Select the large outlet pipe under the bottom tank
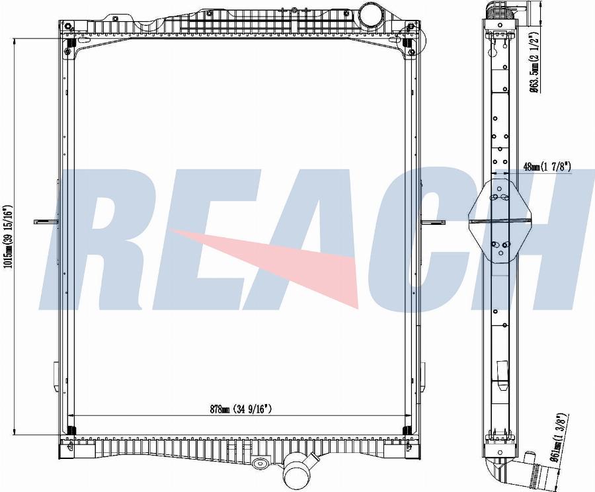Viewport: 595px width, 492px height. point(297,473)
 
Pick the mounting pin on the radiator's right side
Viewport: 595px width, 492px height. point(432,222)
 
